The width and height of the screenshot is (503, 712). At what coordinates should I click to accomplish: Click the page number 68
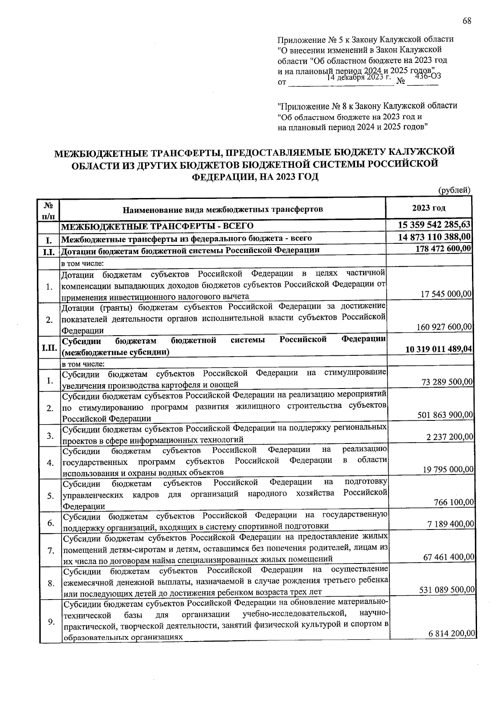[467, 21]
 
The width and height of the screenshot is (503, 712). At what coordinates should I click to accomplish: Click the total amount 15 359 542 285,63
[434, 225]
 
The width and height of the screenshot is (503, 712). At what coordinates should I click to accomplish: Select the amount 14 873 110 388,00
[435, 237]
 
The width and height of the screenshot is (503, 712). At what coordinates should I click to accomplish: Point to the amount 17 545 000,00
[446, 294]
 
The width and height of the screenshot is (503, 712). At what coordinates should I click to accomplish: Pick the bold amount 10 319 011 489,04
[439, 349]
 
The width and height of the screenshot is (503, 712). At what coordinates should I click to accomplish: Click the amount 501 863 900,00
[445, 415]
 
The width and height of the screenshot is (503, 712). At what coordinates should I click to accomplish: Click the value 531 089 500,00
[446, 589]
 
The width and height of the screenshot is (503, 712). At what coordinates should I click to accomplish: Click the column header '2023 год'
[428, 208]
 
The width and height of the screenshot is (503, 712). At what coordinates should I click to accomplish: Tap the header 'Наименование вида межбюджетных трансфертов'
[223, 209]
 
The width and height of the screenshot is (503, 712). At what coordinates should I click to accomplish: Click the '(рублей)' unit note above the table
[454, 190]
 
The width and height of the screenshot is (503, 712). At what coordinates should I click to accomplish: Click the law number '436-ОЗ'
[428, 76]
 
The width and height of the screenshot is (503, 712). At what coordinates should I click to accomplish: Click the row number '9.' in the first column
[51, 622]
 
